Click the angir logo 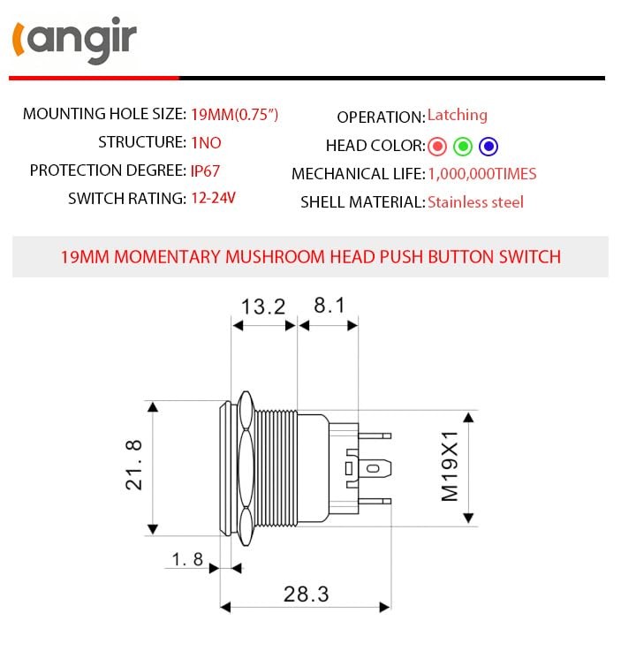click(74, 42)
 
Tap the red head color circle click(437, 147)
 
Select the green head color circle click(463, 147)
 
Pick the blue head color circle click(488, 147)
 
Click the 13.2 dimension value click(263, 307)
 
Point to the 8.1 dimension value click(329, 307)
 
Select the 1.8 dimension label click(187, 559)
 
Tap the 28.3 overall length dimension click(306, 594)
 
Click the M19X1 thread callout click(451, 466)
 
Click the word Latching click(457, 116)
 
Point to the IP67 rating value click(206, 170)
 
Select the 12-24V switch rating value click(213, 199)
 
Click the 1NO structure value click(206, 142)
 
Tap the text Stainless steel click(475, 202)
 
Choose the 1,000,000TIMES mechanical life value click(481, 174)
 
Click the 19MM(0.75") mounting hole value click(235, 114)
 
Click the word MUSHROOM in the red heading click(275, 257)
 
